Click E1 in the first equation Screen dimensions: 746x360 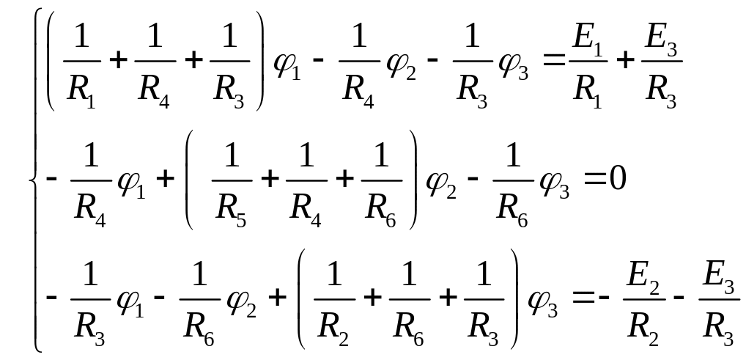pyautogui.click(x=588, y=40)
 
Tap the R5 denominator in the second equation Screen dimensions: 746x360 pyautogui.click(x=232, y=211)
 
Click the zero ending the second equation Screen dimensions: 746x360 pyautogui.click(x=618, y=180)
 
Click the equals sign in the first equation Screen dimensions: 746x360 pyautogui.click(x=555, y=60)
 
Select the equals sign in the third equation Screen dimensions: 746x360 pyautogui.click(x=583, y=298)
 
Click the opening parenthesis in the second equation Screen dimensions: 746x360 pyautogui.click(x=189, y=180)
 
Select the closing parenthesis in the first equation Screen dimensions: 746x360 pyautogui.click(x=259, y=60)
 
